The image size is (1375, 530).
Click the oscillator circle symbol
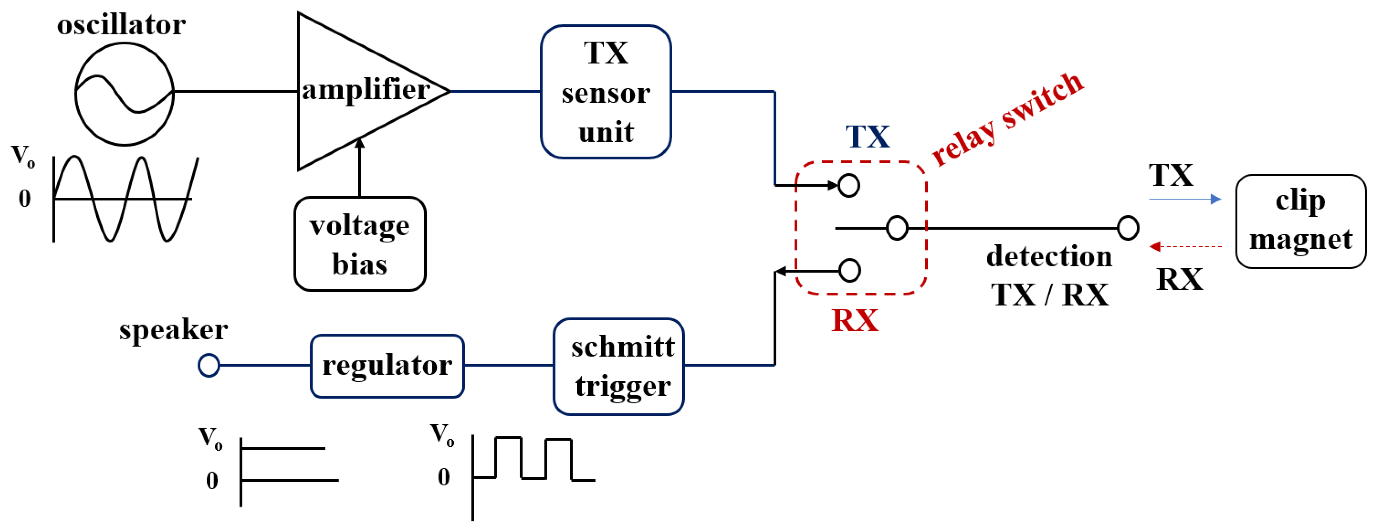(x=124, y=94)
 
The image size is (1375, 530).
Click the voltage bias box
(x=360, y=244)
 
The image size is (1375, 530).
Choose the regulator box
(x=387, y=366)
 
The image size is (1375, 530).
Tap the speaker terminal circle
(x=209, y=366)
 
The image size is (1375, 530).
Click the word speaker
(x=173, y=330)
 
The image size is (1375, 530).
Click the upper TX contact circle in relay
(x=849, y=185)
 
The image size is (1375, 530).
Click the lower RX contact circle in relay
(x=849, y=270)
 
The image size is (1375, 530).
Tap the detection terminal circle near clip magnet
(x=1128, y=228)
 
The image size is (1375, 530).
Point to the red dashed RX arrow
(x=1185, y=246)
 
